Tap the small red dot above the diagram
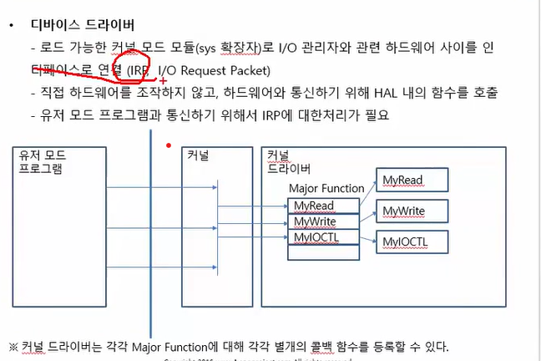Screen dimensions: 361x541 click(x=169, y=145)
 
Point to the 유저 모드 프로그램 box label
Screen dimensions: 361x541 click(x=44, y=161)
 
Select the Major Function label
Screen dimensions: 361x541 click(x=326, y=189)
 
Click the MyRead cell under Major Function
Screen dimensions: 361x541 click(x=314, y=206)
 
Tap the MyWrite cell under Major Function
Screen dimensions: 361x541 click(x=315, y=222)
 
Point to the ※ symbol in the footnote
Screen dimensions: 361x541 click(x=13, y=345)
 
